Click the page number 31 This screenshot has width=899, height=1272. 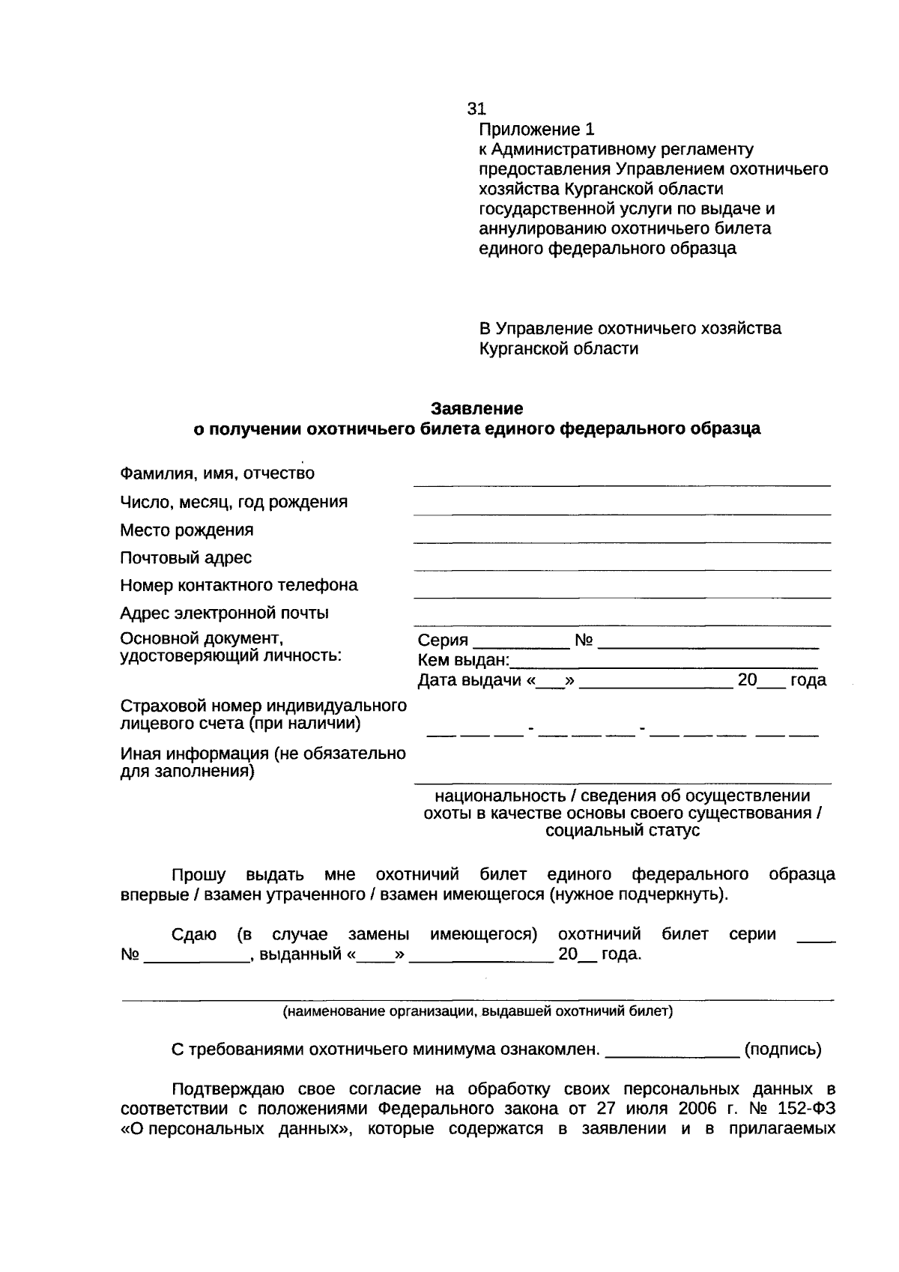(x=477, y=109)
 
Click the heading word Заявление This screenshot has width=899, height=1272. (x=476, y=408)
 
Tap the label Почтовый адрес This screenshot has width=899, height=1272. (x=186, y=557)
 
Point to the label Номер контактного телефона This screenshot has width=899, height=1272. (x=239, y=585)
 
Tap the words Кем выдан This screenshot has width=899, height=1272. (x=462, y=661)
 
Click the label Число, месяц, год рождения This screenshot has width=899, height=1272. (x=234, y=501)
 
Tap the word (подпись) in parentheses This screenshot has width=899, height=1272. (x=782, y=1050)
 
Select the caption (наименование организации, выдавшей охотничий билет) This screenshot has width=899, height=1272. (x=477, y=1012)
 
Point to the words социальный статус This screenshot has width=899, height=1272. (x=623, y=831)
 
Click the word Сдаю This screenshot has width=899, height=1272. (x=194, y=934)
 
